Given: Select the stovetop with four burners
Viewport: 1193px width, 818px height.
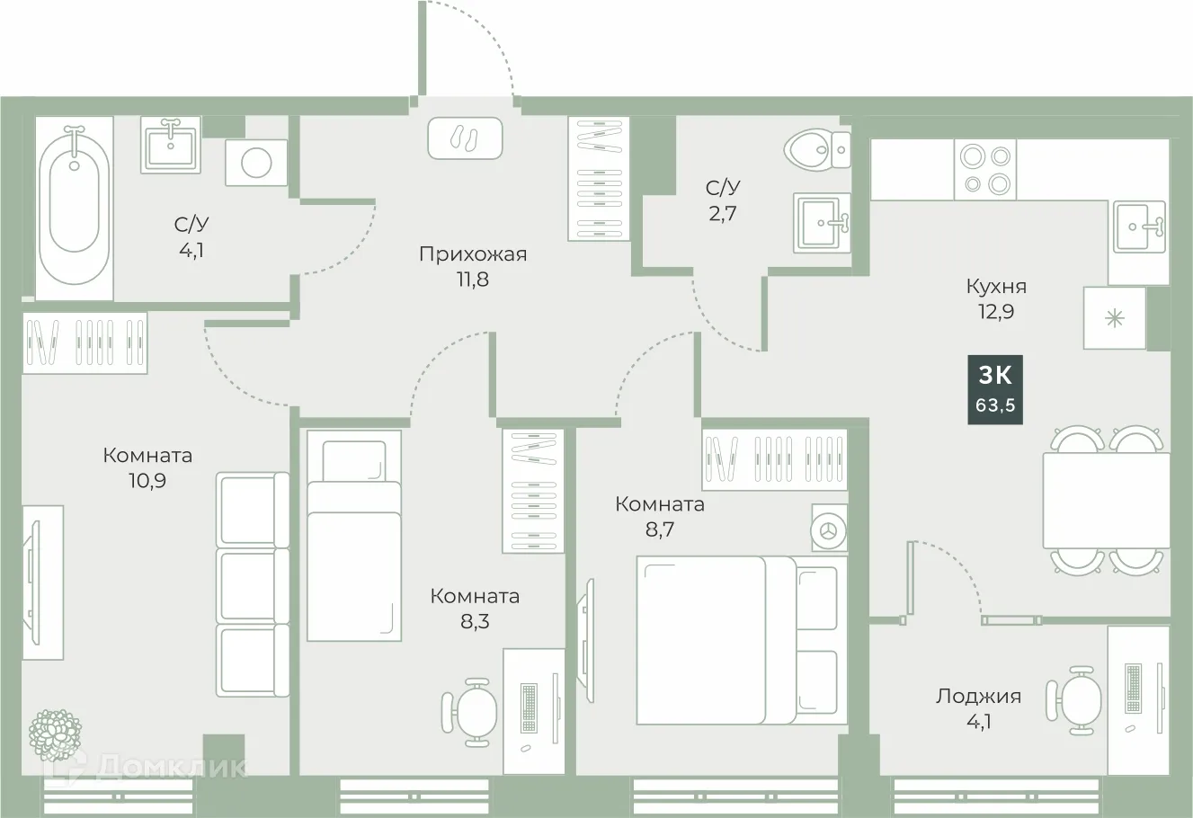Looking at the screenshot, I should coord(984,169).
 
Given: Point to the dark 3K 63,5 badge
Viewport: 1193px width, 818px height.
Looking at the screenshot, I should coord(995,389).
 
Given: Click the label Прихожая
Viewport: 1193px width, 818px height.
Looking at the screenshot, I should coord(472,254).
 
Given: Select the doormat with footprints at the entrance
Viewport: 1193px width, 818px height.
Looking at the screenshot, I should coord(465,138).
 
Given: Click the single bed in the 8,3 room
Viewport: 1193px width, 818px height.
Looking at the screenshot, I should coord(353,537).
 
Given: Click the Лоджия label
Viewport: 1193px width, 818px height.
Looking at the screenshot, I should coord(978,696).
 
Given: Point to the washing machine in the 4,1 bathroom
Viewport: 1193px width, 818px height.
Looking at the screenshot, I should coord(256,163).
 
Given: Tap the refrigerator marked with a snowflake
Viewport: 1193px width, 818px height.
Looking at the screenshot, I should coord(1115,318).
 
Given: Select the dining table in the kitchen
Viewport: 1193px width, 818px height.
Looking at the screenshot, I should coord(1105,500).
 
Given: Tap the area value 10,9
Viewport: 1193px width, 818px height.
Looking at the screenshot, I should coord(147,480).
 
